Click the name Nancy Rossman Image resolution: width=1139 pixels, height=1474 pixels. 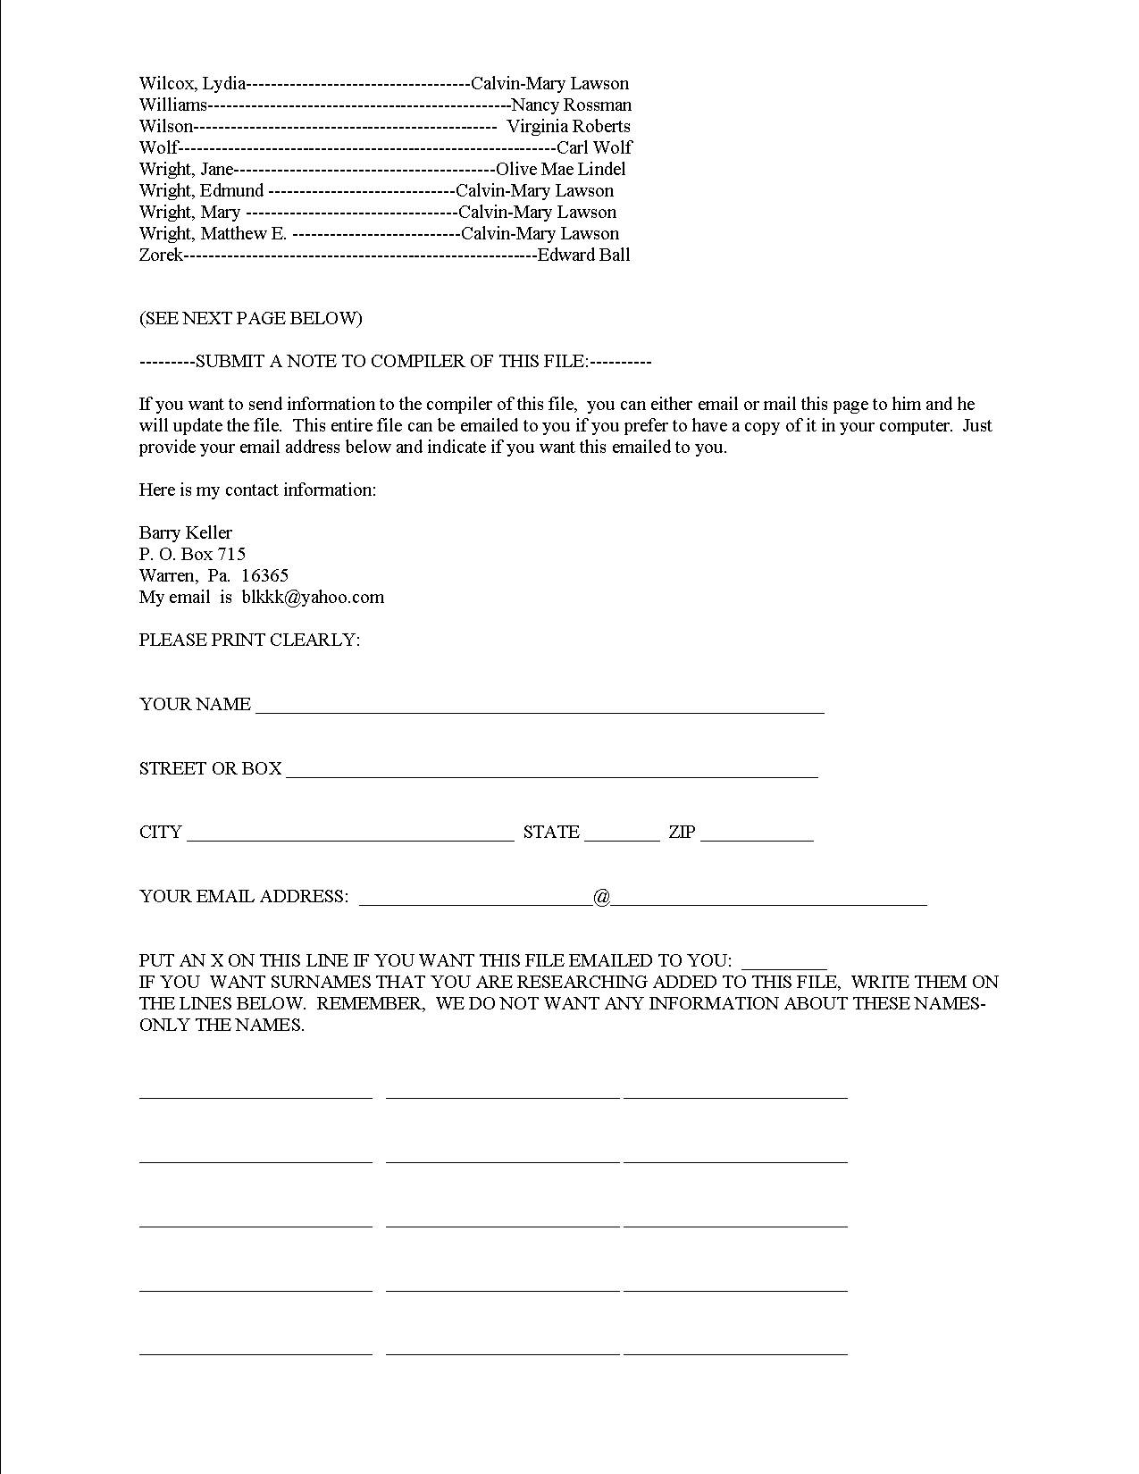pos(571,105)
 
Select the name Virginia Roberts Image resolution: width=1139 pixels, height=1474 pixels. pos(568,127)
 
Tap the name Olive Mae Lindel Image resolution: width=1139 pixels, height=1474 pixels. pos(560,170)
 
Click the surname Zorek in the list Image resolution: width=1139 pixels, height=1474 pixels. pos(161,255)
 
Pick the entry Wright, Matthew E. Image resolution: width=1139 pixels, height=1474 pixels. pos(213,234)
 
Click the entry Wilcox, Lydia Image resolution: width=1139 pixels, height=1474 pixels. pos(192,84)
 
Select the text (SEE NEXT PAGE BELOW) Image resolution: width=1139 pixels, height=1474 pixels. pos(250,319)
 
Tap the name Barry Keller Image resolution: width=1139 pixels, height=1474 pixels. pos(185,533)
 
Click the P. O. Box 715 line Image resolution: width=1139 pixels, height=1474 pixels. pos(192,555)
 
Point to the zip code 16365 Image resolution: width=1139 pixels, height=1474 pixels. pos(264,576)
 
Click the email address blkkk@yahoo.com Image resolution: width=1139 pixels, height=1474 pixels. pos(313,598)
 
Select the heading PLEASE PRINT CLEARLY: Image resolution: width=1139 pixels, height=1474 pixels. pos(249,641)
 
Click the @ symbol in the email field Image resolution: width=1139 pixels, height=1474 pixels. pos(601,897)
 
